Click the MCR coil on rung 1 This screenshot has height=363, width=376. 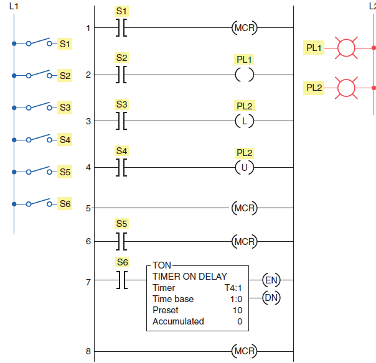(x=244, y=28)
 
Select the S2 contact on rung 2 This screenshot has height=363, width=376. (x=122, y=75)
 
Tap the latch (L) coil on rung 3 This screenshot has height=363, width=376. (x=244, y=121)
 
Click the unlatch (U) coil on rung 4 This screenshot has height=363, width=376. (x=244, y=168)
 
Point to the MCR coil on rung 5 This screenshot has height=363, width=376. (x=244, y=208)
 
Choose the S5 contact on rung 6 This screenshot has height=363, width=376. (x=122, y=241)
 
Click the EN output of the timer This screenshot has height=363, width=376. (x=271, y=280)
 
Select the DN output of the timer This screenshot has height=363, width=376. (x=271, y=298)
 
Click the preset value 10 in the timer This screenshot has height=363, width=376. (x=237, y=310)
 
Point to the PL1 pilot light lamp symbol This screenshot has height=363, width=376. (x=345, y=47)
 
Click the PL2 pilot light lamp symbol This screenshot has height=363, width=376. (x=345, y=88)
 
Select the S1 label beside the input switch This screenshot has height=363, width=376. (x=65, y=44)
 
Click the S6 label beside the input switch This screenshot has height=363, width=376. (x=65, y=203)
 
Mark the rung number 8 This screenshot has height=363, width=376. (x=88, y=352)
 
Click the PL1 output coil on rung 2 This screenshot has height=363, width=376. (x=244, y=75)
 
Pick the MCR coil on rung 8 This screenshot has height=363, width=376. (x=244, y=352)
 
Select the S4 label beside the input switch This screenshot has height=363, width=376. (x=65, y=140)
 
